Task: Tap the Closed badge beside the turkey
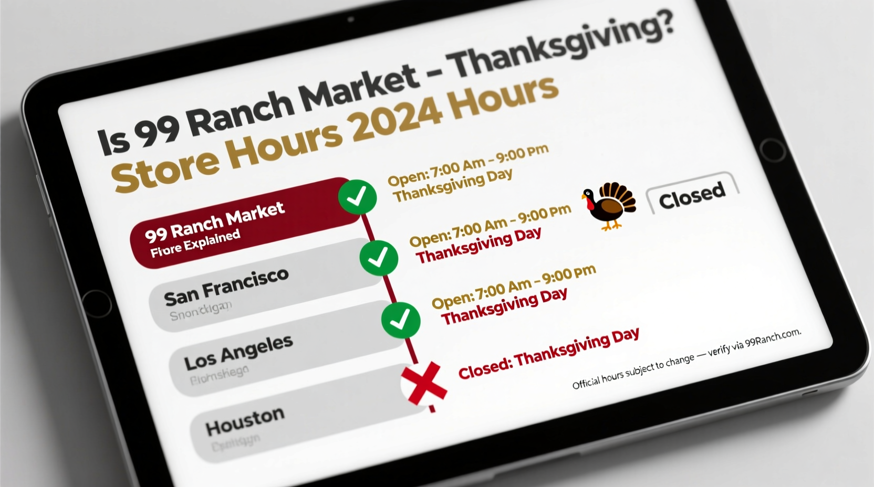click(x=692, y=195)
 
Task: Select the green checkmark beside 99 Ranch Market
click(x=357, y=197)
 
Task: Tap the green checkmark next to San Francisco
click(x=379, y=258)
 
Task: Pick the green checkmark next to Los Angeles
click(x=401, y=319)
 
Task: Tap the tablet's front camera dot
click(x=351, y=19)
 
